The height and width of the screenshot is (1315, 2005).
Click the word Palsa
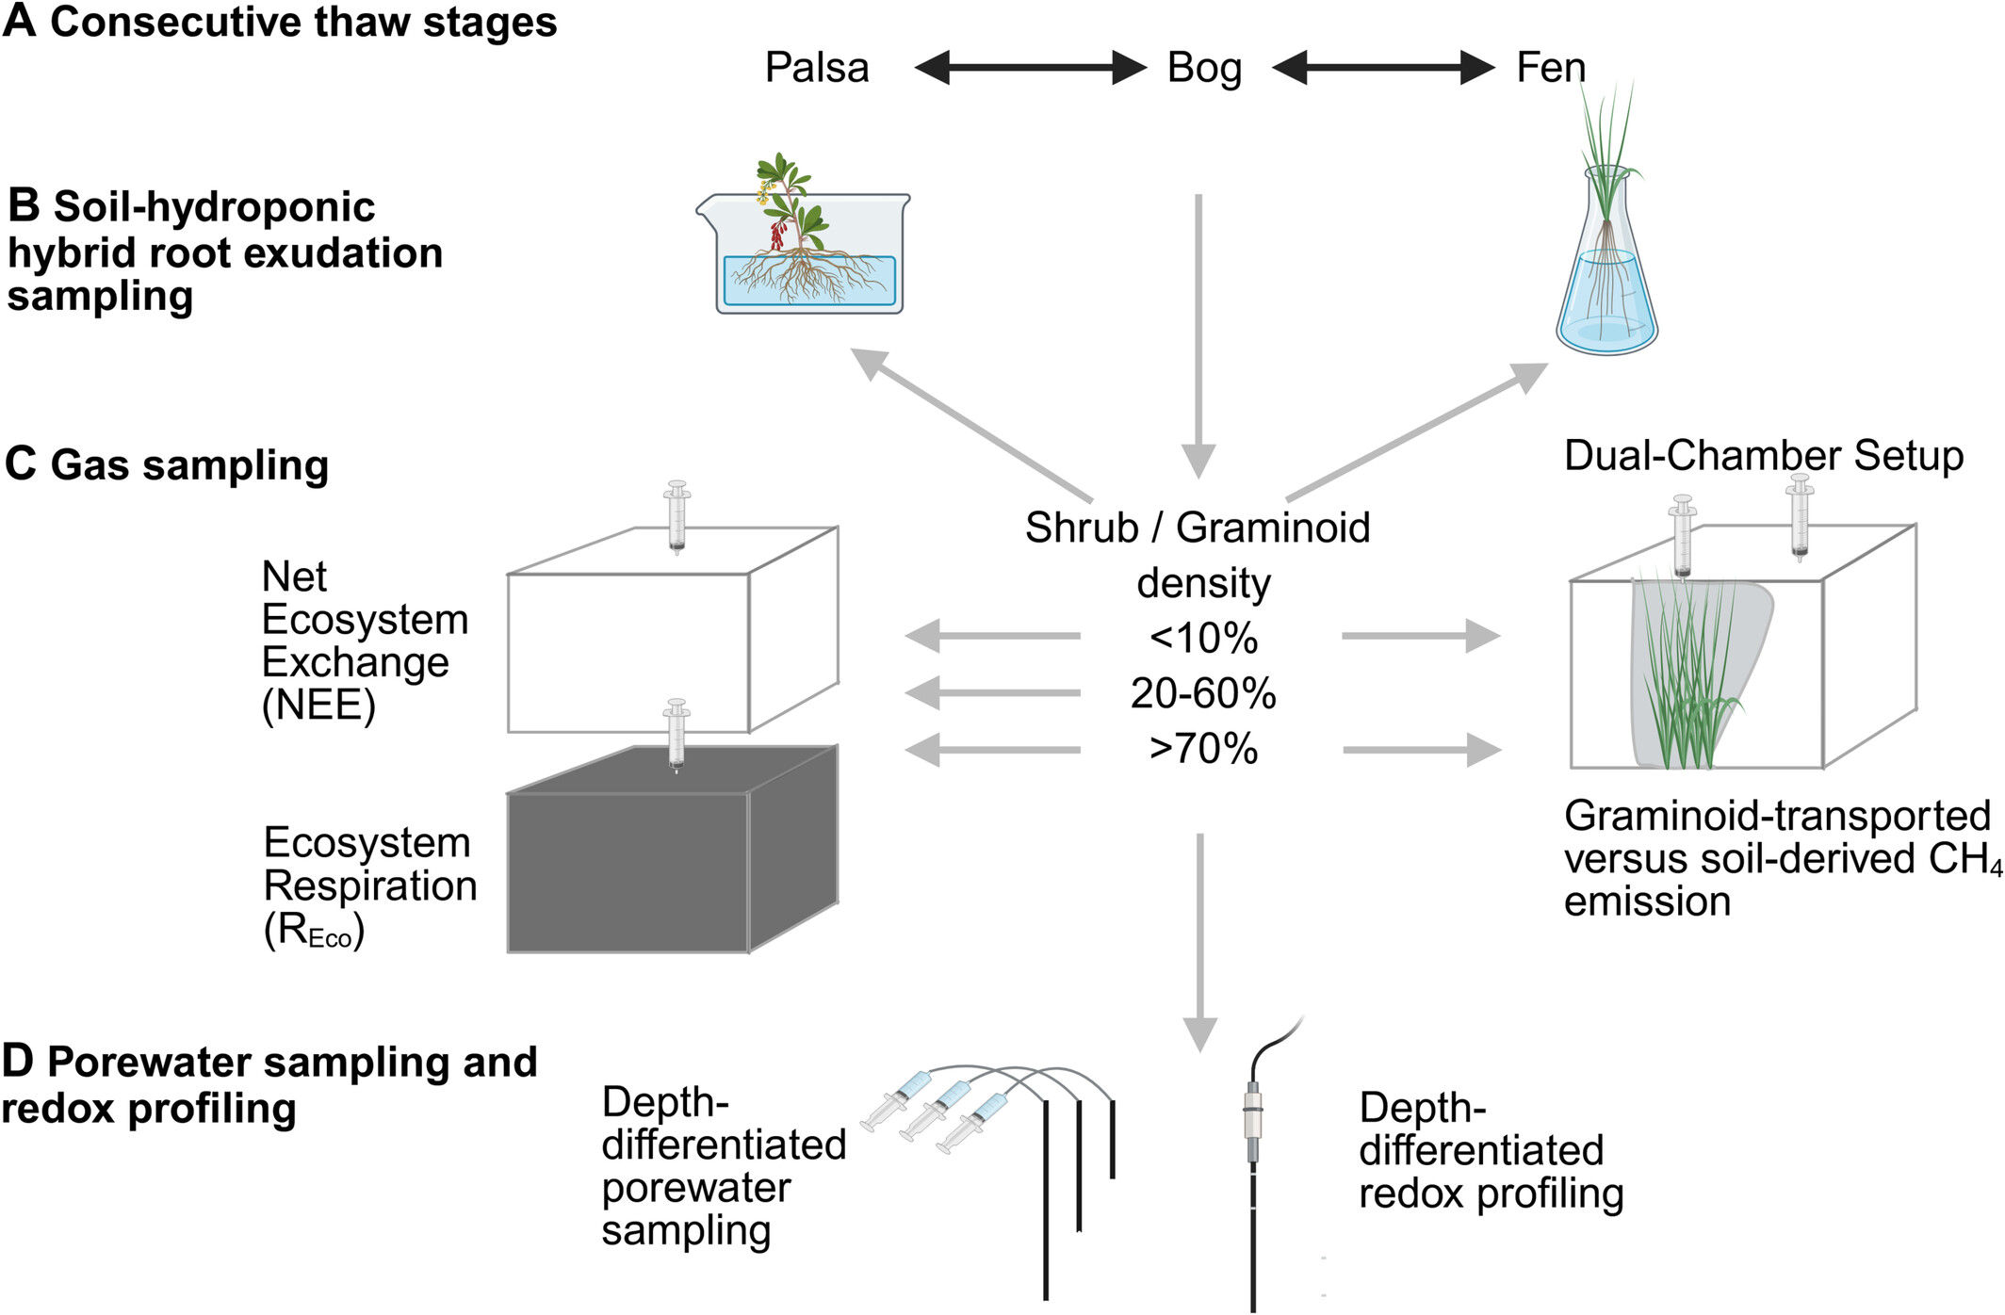(816, 68)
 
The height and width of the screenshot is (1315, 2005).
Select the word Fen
(1550, 68)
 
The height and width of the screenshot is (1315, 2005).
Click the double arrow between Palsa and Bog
(1030, 68)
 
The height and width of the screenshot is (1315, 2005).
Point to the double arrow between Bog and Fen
(1383, 68)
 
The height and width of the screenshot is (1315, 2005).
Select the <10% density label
(1203, 639)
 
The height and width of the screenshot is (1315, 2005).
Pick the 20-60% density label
(1203, 694)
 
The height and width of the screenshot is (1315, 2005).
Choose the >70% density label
(1203, 750)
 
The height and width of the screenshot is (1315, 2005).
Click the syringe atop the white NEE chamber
(676, 516)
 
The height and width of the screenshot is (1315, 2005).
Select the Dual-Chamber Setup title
(1763, 456)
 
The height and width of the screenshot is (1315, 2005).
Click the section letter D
(17, 1061)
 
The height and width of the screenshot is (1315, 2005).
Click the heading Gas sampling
(188, 465)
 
